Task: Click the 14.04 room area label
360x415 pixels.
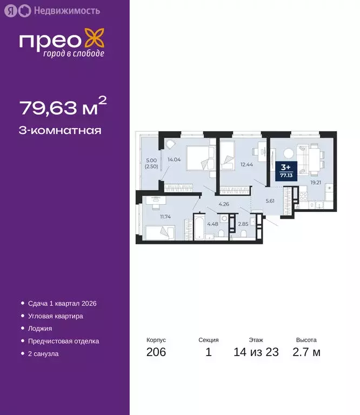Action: point(174,159)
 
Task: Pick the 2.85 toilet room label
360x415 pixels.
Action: point(244,224)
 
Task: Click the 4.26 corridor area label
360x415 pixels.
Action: point(224,204)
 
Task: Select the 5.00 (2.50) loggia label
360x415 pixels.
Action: point(151,163)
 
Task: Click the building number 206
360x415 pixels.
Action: point(156,353)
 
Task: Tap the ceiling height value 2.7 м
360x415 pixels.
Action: point(306,353)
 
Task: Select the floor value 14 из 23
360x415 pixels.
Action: point(256,353)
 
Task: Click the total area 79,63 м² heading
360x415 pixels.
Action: point(59,108)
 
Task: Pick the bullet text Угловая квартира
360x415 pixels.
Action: point(55,316)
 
